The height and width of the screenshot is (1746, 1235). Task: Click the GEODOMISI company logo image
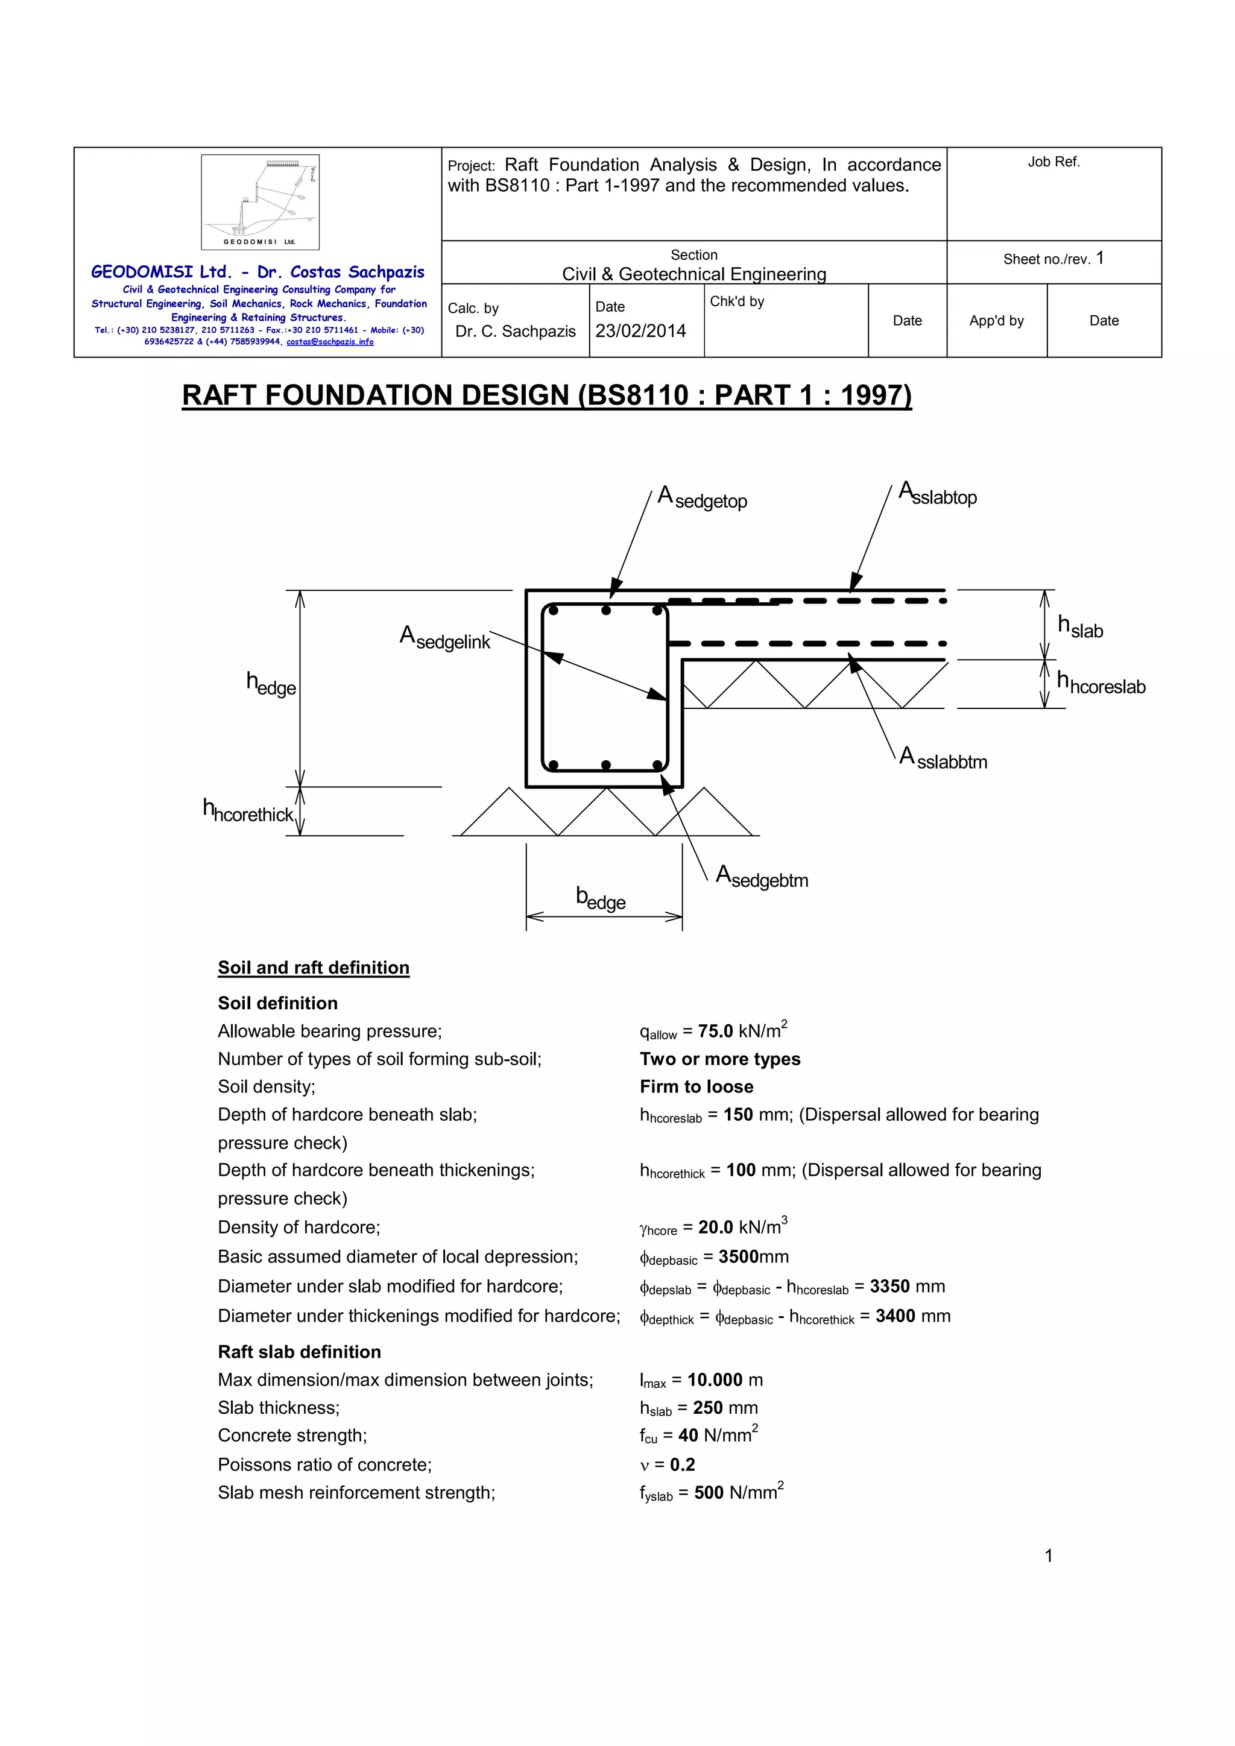pyautogui.click(x=260, y=201)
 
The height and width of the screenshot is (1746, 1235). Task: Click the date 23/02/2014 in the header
pyautogui.click(x=640, y=331)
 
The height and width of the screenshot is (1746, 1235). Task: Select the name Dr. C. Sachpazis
pyautogui.click(x=516, y=332)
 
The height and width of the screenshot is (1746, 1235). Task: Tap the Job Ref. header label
pyautogui.click(x=1053, y=162)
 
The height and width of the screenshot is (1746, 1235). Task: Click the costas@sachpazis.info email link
pyautogui.click(x=330, y=342)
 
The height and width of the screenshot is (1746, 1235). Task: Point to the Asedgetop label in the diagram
pyautogui.click(x=703, y=498)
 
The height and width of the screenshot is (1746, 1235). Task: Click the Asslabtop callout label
pyautogui.click(x=938, y=494)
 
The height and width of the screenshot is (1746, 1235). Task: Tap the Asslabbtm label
pyautogui.click(x=943, y=759)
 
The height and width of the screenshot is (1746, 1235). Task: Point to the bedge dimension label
pyautogui.click(x=601, y=899)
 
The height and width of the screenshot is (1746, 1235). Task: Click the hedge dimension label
pyautogui.click(x=271, y=684)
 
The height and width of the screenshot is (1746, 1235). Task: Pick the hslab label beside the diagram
pyautogui.click(x=1080, y=628)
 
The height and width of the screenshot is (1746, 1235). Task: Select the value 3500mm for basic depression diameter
pyautogui.click(x=753, y=1256)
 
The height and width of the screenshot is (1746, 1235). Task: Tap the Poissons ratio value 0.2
pyautogui.click(x=682, y=1464)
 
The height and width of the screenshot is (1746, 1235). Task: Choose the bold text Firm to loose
pyautogui.click(x=696, y=1086)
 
